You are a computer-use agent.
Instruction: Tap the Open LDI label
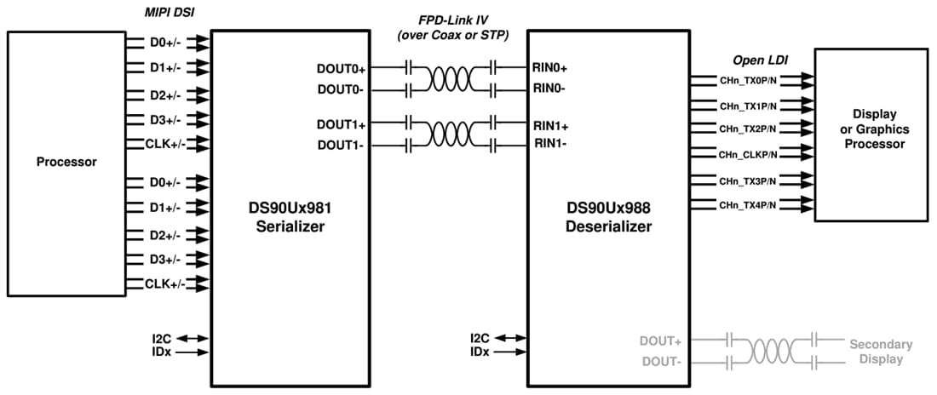pyautogui.click(x=761, y=61)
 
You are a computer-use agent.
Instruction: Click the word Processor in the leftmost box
pyautogui.click(x=66, y=162)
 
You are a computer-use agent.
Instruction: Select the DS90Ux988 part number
pyautogui.click(x=608, y=209)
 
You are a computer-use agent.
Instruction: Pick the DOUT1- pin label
pyautogui.click(x=342, y=144)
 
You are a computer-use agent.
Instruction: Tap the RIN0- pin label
pyautogui.click(x=550, y=87)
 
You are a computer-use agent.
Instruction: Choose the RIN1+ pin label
pyautogui.click(x=551, y=125)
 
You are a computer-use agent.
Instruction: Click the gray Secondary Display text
pyautogui.click(x=881, y=352)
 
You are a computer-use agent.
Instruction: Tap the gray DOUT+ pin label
pyautogui.click(x=662, y=341)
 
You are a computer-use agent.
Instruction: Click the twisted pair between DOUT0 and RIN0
pyautogui.click(x=452, y=77)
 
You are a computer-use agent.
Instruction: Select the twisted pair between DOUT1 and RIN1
pyautogui.click(x=452, y=135)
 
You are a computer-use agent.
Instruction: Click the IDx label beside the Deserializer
pyautogui.click(x=480, y=352)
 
